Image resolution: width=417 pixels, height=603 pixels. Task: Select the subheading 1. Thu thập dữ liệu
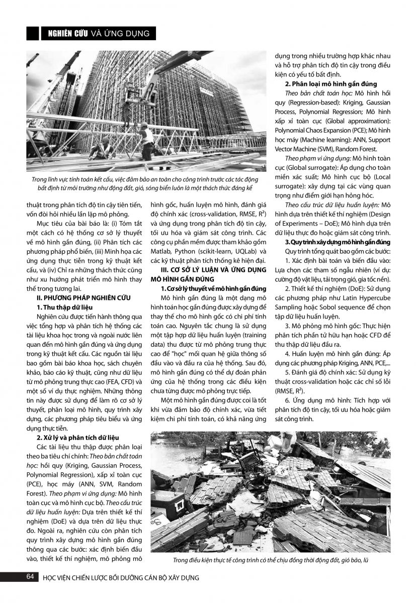click(64, 307)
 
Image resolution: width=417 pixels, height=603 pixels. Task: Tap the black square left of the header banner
click(33, 34)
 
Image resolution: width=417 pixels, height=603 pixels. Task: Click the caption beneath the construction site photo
click(146, 183)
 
